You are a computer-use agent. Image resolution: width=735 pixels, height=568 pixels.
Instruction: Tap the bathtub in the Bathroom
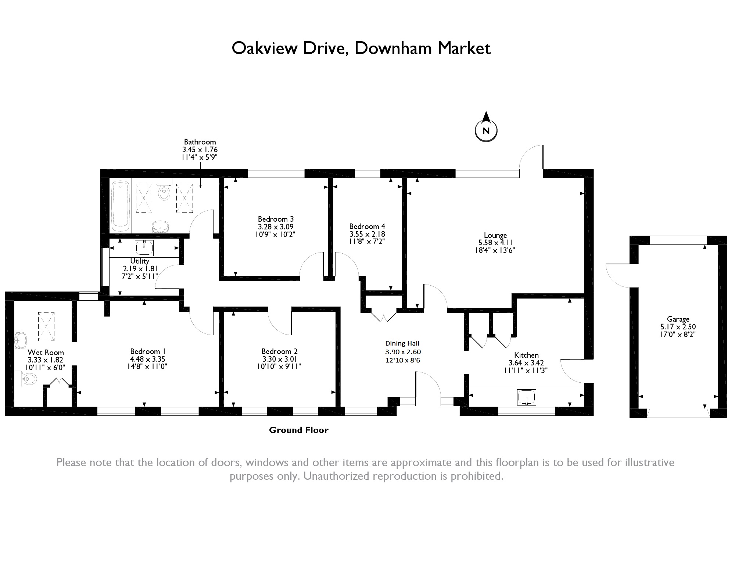pyautogui.click(x=120, y=204)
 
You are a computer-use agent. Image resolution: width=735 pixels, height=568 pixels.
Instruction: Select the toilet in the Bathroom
pyautogui.click(x=164, y=190)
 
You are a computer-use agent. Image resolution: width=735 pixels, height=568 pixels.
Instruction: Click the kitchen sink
pyautogui.click(x=526, y=397)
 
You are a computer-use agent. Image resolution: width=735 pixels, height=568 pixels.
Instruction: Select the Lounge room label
pyautogui.click(x=495, y=235)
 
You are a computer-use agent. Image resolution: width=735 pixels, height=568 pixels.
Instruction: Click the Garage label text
pyautogui.click(x=678, y=319)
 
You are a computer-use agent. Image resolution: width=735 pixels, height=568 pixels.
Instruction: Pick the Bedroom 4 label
pyautogui.click(x=367, y=226)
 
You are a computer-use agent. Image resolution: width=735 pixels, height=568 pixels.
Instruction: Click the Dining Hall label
pyautogui.click(x=402, y=343)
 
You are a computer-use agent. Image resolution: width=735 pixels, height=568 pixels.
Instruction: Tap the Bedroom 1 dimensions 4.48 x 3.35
pyautogui.click(x=147, y=359)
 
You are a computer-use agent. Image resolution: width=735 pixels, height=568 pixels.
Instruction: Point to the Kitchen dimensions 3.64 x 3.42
pyautogui.click(x=526, y=363)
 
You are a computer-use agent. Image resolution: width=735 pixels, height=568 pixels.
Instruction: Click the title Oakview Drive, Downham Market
pyautogui.click(x=361, y=49)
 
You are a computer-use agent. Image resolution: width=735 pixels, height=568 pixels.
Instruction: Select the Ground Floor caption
pyautogui.click(x=298, y=430)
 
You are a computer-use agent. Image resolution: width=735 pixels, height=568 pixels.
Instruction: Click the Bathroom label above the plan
pyautogui.click(x=200, y=142)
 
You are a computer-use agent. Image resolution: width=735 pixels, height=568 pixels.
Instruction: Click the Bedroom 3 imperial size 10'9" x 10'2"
pyautogui.click(x=275, y=234)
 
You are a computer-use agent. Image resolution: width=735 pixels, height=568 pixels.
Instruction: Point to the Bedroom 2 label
pyautogui.click(x=279, y=351)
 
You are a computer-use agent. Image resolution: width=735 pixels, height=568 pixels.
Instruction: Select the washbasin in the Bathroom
pyautogui.click(x=160, y=227)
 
